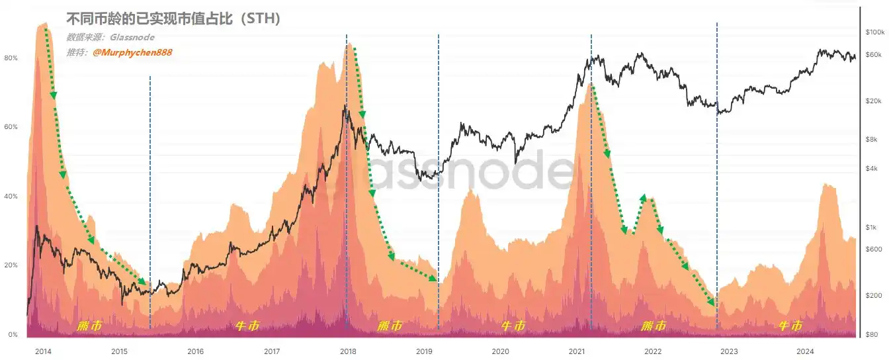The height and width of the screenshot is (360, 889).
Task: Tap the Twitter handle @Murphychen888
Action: (132, 52)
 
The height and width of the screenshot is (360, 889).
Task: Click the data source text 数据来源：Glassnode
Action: (110, 38)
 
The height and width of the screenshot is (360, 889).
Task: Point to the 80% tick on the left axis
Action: (11, 58)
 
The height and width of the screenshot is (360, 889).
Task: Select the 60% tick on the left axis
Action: (11, 127)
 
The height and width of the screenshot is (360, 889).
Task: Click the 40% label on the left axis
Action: (11, 197)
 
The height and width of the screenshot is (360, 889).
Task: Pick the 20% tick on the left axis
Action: (11, 265)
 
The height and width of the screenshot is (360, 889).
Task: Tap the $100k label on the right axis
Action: (874, 32)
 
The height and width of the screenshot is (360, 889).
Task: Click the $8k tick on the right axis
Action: (872, 139)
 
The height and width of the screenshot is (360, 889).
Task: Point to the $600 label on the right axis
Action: (873, 249)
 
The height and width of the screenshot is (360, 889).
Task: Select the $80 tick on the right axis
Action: (872, 334)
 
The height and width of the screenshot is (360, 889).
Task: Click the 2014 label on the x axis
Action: (43, 351)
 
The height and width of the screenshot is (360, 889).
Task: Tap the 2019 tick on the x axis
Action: (424, 351)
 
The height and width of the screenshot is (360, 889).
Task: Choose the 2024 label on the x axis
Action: (805, 351)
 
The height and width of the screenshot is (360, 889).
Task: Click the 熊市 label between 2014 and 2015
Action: (90, 326)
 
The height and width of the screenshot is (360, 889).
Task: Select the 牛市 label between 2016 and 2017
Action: (247, 326)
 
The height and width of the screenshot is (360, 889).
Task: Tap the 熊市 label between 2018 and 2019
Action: (390, 326)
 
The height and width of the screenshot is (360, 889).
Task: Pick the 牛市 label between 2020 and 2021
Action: (513, 326)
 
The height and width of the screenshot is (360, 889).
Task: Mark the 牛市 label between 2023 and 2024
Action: (790, 326)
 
